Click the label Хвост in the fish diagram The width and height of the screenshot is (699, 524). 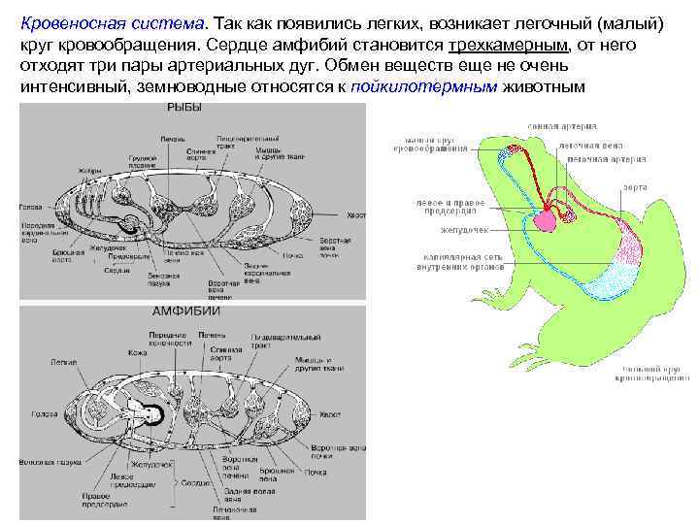click(x=356, y=215)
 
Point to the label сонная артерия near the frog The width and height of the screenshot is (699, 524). click(x=561, y=126)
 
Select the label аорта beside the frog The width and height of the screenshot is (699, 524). click(x=635, y=187)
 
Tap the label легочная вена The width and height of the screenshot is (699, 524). click(x=590, y=146)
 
